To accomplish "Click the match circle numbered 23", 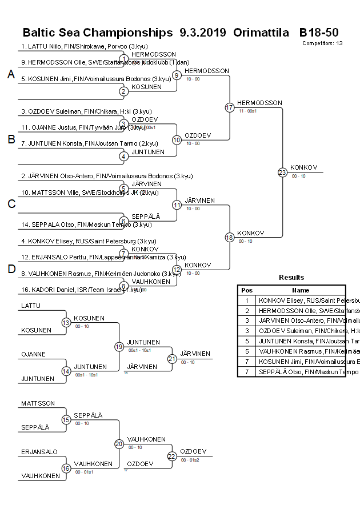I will tap(282, 172).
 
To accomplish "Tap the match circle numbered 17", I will tap(230, 107).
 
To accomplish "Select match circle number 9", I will tap(177, 75).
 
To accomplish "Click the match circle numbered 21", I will tap(172, 359).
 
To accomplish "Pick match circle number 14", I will tap(66, 371).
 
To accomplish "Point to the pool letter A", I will tap(11, 74).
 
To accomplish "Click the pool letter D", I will tap(11, 269).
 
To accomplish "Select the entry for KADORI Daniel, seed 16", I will tap(81, 290).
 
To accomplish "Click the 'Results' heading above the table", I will tap(291, 277).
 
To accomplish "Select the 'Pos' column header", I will tap(247, 290).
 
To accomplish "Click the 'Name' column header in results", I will tap(301, 290).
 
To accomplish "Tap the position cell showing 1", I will tap(247, 300).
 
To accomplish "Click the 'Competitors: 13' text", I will tap(322, 43).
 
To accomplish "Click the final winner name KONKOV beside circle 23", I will tap(303, 167).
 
